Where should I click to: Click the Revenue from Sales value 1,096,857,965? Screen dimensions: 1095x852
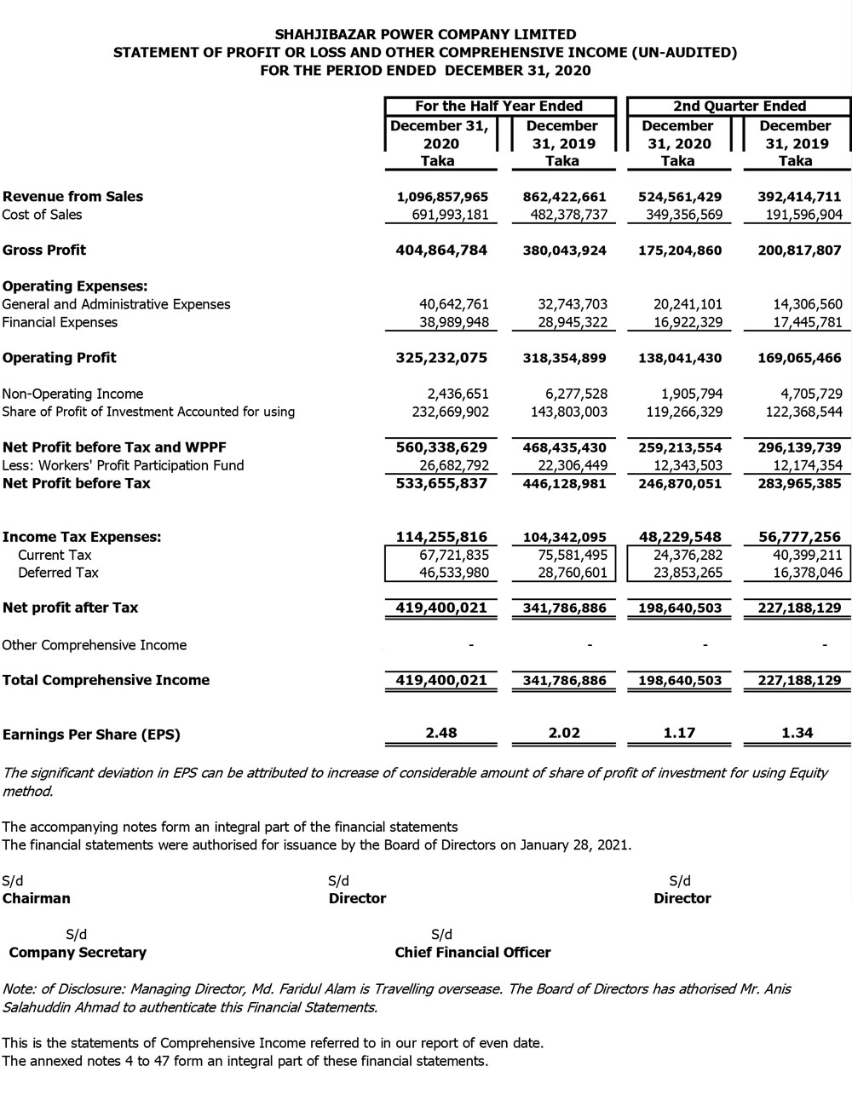[442, 197]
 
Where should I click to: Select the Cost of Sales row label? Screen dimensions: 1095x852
[43, 215]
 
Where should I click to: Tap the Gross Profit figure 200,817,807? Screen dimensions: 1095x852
[798, 251]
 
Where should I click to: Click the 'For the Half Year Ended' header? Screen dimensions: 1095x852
[498, 107]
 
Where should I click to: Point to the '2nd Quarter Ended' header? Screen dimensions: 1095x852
[739, 107]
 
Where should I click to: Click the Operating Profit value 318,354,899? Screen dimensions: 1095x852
[564, 358]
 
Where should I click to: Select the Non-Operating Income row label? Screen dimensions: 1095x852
[72, 394]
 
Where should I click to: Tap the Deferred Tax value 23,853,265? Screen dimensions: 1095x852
[682, 573]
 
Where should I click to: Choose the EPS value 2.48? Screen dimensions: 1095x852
[442, 732]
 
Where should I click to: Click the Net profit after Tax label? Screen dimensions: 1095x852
[71, 608]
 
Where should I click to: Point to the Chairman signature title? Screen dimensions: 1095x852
[37, 898]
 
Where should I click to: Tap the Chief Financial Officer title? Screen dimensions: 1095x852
[473, 953]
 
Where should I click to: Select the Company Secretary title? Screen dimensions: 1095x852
[78, 953]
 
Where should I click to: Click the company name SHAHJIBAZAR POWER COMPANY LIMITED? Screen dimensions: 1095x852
[426, 35]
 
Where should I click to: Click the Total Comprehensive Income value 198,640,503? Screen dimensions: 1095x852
[679, 680]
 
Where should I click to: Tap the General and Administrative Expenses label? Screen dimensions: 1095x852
[116, 304]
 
